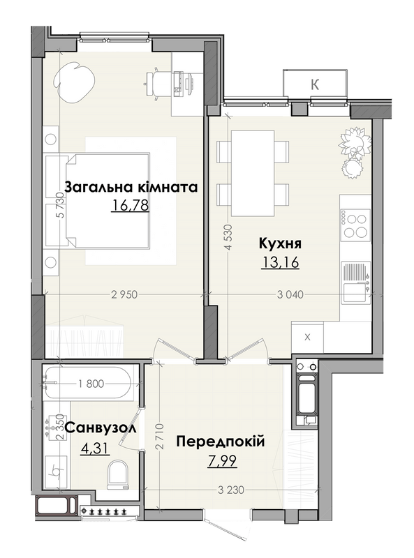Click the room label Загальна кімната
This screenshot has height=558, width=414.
[x=131, y=186]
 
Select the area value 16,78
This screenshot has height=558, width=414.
[x=130, y=205]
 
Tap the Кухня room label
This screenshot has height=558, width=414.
[x=280, y=243]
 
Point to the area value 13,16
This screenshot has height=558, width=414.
[x=280, y=263]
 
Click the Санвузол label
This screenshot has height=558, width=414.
[x=101, y=428]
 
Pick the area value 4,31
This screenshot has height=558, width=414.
[x=95, y=448]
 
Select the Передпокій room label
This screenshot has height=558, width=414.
[x=221, y=442]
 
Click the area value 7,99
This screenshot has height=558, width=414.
[x=222, y=461]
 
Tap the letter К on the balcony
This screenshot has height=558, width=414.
[x=315, y=84]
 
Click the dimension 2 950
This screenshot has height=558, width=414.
[x=124, y=294]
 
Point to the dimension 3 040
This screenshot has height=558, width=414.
[x=290, y=294]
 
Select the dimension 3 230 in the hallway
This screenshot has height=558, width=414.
[x=231, y=490]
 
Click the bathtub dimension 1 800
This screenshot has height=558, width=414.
[x=91, y=384]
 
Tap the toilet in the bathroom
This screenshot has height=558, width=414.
[x=117, y=474]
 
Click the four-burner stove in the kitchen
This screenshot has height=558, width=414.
[x=355, y=225]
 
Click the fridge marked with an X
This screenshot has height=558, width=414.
[x=307, y=337]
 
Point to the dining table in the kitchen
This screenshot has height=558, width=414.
[x=253, y=173]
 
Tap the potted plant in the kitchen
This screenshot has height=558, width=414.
[x=355, y=152]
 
